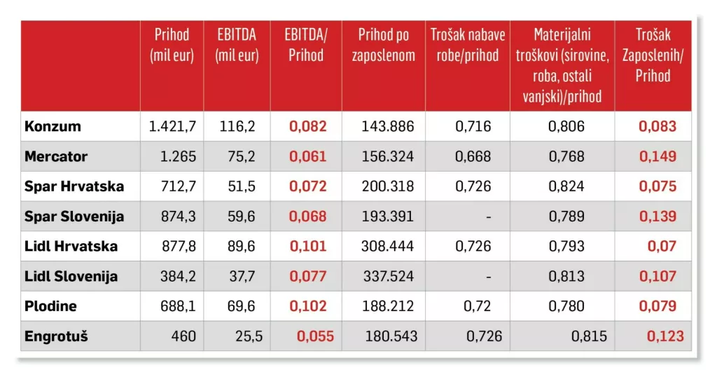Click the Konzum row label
[x=53, y=127]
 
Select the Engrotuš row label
[x=56, y=336]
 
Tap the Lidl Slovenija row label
[x=71, y=277]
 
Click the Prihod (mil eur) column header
[x=172, y=46]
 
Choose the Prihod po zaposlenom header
[x=383, y=46]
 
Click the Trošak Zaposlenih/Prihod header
[x=653, y=55]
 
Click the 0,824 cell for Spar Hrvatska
[x=567, y=187]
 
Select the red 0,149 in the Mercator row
[x=658, y=156]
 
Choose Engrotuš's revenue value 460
[x=183, y=336]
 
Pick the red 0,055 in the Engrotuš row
[x=316, y=336]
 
